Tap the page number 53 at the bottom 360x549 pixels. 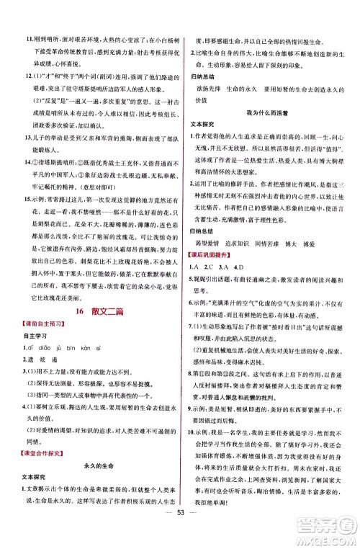point(179,536)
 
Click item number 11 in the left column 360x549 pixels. point(27,14)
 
